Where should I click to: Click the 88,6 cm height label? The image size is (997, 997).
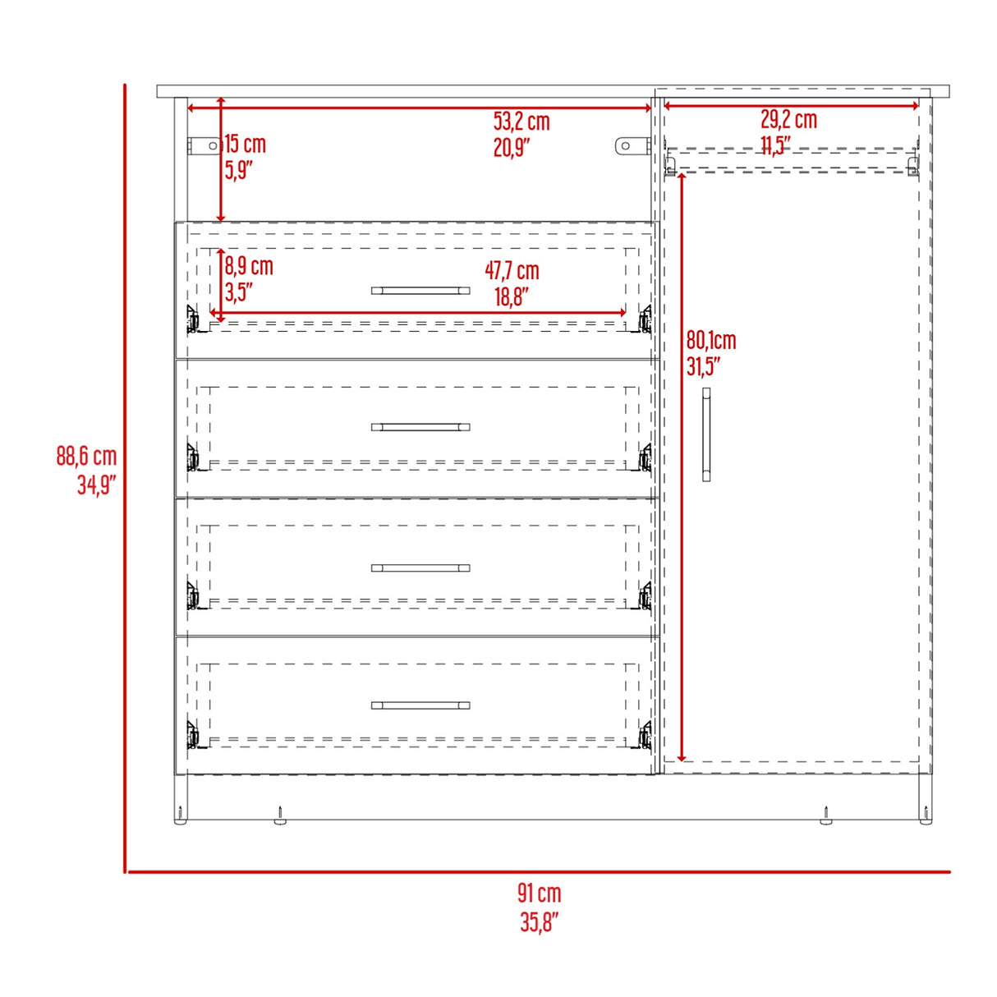coord(86,456)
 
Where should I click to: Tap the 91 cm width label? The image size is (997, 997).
coord(539,893)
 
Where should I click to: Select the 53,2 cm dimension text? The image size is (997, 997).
coord(521,122)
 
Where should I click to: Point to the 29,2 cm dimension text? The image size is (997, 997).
coord(788,119)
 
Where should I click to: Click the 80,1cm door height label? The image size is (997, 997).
coord(711,340)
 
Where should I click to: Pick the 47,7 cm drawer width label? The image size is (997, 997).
coord(512,270)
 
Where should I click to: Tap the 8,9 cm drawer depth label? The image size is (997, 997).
coord(249,266)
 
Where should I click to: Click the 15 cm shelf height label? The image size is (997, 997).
coord(245,145)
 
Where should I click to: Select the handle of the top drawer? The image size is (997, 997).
coord(420,291)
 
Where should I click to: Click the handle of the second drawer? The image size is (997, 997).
coord(420,427)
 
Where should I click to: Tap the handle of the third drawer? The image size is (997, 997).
coord(420,567)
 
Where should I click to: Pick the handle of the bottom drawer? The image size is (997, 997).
coord(420,705)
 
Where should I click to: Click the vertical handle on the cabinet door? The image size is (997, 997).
coord(706,435)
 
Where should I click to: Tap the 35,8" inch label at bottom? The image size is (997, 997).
coord(539,921)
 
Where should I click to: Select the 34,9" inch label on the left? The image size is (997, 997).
coord(96,485)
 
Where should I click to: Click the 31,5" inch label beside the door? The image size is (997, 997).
coord(703,366)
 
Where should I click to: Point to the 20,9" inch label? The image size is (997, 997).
coord(512,148)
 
